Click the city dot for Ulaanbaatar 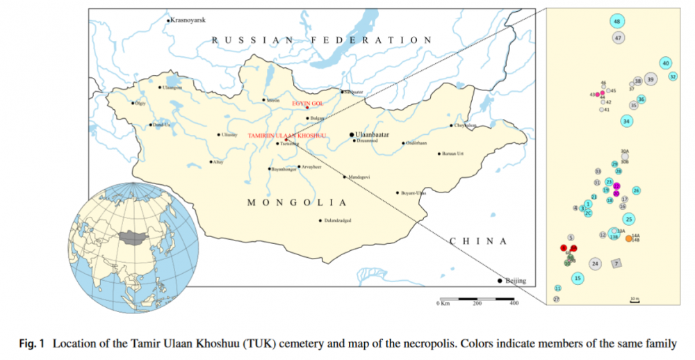click(x=351, y=136)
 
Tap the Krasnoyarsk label click(x=188, y=20)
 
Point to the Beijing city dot click(x=500, y=281)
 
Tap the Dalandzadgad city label click(x=337, y=220)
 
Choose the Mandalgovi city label click(x=359, y=177)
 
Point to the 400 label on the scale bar click(x=514, y=304)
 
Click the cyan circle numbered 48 click(x=617, y=22)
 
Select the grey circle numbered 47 click(x=618, y=38)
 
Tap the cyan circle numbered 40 click(x=666, y=63)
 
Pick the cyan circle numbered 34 click(x=627, y=121)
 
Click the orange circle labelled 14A click(x=629, y=238)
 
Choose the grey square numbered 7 click(x=616, y=263)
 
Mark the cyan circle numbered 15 click(x=578, y=279)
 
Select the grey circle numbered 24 click(x=595, y=263)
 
